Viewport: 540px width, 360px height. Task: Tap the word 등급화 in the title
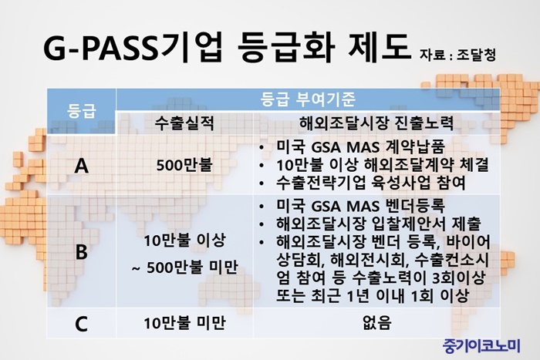tap(286, 48)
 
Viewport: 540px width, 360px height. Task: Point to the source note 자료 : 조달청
tap(457, 55)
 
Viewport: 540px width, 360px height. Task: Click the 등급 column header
tap(81, 111)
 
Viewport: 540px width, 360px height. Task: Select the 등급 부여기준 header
tap(308, 99)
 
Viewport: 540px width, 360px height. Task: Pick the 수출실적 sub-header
tap(184, 123)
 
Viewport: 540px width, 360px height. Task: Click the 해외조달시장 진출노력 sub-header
tap(376, 123)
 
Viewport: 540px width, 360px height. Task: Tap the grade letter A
tap(81, 166)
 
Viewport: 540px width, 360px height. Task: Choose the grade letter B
tap(81, 252)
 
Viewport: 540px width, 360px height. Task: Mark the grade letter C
tap(81, 324)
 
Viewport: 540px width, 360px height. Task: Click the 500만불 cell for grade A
tap(184, 165)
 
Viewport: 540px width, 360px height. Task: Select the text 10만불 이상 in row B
tap(184, 240)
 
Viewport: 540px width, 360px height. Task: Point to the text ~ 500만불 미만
tap(185, 267)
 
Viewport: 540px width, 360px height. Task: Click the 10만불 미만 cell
tap(184, 323)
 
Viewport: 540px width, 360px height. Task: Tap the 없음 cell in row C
tap(376, 323)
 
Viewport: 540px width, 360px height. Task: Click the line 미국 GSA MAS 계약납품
tap(361, 147)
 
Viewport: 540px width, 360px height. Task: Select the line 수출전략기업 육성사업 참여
tap(371, 183)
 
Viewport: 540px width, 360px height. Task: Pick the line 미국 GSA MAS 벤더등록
tap(361, 206)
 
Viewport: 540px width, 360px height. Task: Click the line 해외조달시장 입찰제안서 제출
tap(379, 224)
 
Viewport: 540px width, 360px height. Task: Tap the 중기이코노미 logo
tap(481, 345)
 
